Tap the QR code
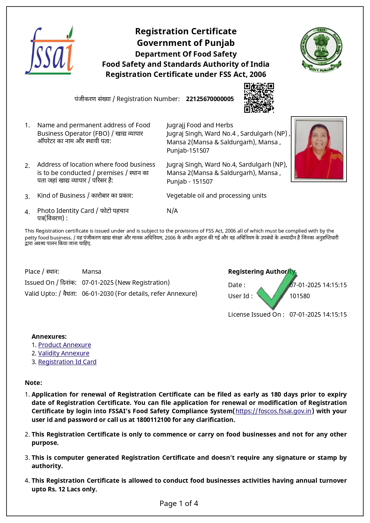(x=259, y=98)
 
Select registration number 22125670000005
(x=210, y=99)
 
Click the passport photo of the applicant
(x=318, y=149)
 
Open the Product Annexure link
(x=64, y=345)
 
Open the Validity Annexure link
(x=64, y=353)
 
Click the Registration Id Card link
(x=67, y=362)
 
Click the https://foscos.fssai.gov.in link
(x=273, y=411)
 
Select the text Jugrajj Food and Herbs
(x=199, y=125)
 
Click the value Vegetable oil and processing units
(x=216, y=196)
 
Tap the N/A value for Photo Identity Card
(x=172, y=211)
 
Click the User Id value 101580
(x=299, y=296)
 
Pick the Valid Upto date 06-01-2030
(x=98, y=294)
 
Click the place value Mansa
(x=92, y=272)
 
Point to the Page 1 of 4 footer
(x=179, y=504)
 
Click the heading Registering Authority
(x=261, y=272)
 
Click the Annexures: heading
(x=49, y=337)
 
